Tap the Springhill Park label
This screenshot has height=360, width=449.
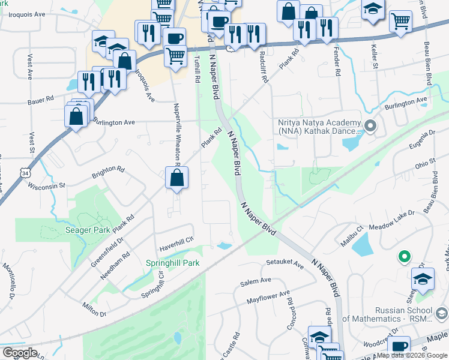click(173, 263)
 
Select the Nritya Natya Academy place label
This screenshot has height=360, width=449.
click(319, 127)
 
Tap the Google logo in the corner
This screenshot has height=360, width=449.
click(20, 353)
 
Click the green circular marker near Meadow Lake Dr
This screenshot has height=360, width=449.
click(405, 257)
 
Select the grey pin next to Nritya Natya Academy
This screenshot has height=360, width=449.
click(370, 126)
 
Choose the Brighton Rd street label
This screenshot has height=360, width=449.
click(107, 173)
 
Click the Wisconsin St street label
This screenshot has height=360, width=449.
click(46, 186)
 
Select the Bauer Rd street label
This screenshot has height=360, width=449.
click(41, 100)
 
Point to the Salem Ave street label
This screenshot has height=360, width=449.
click(256, 281)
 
